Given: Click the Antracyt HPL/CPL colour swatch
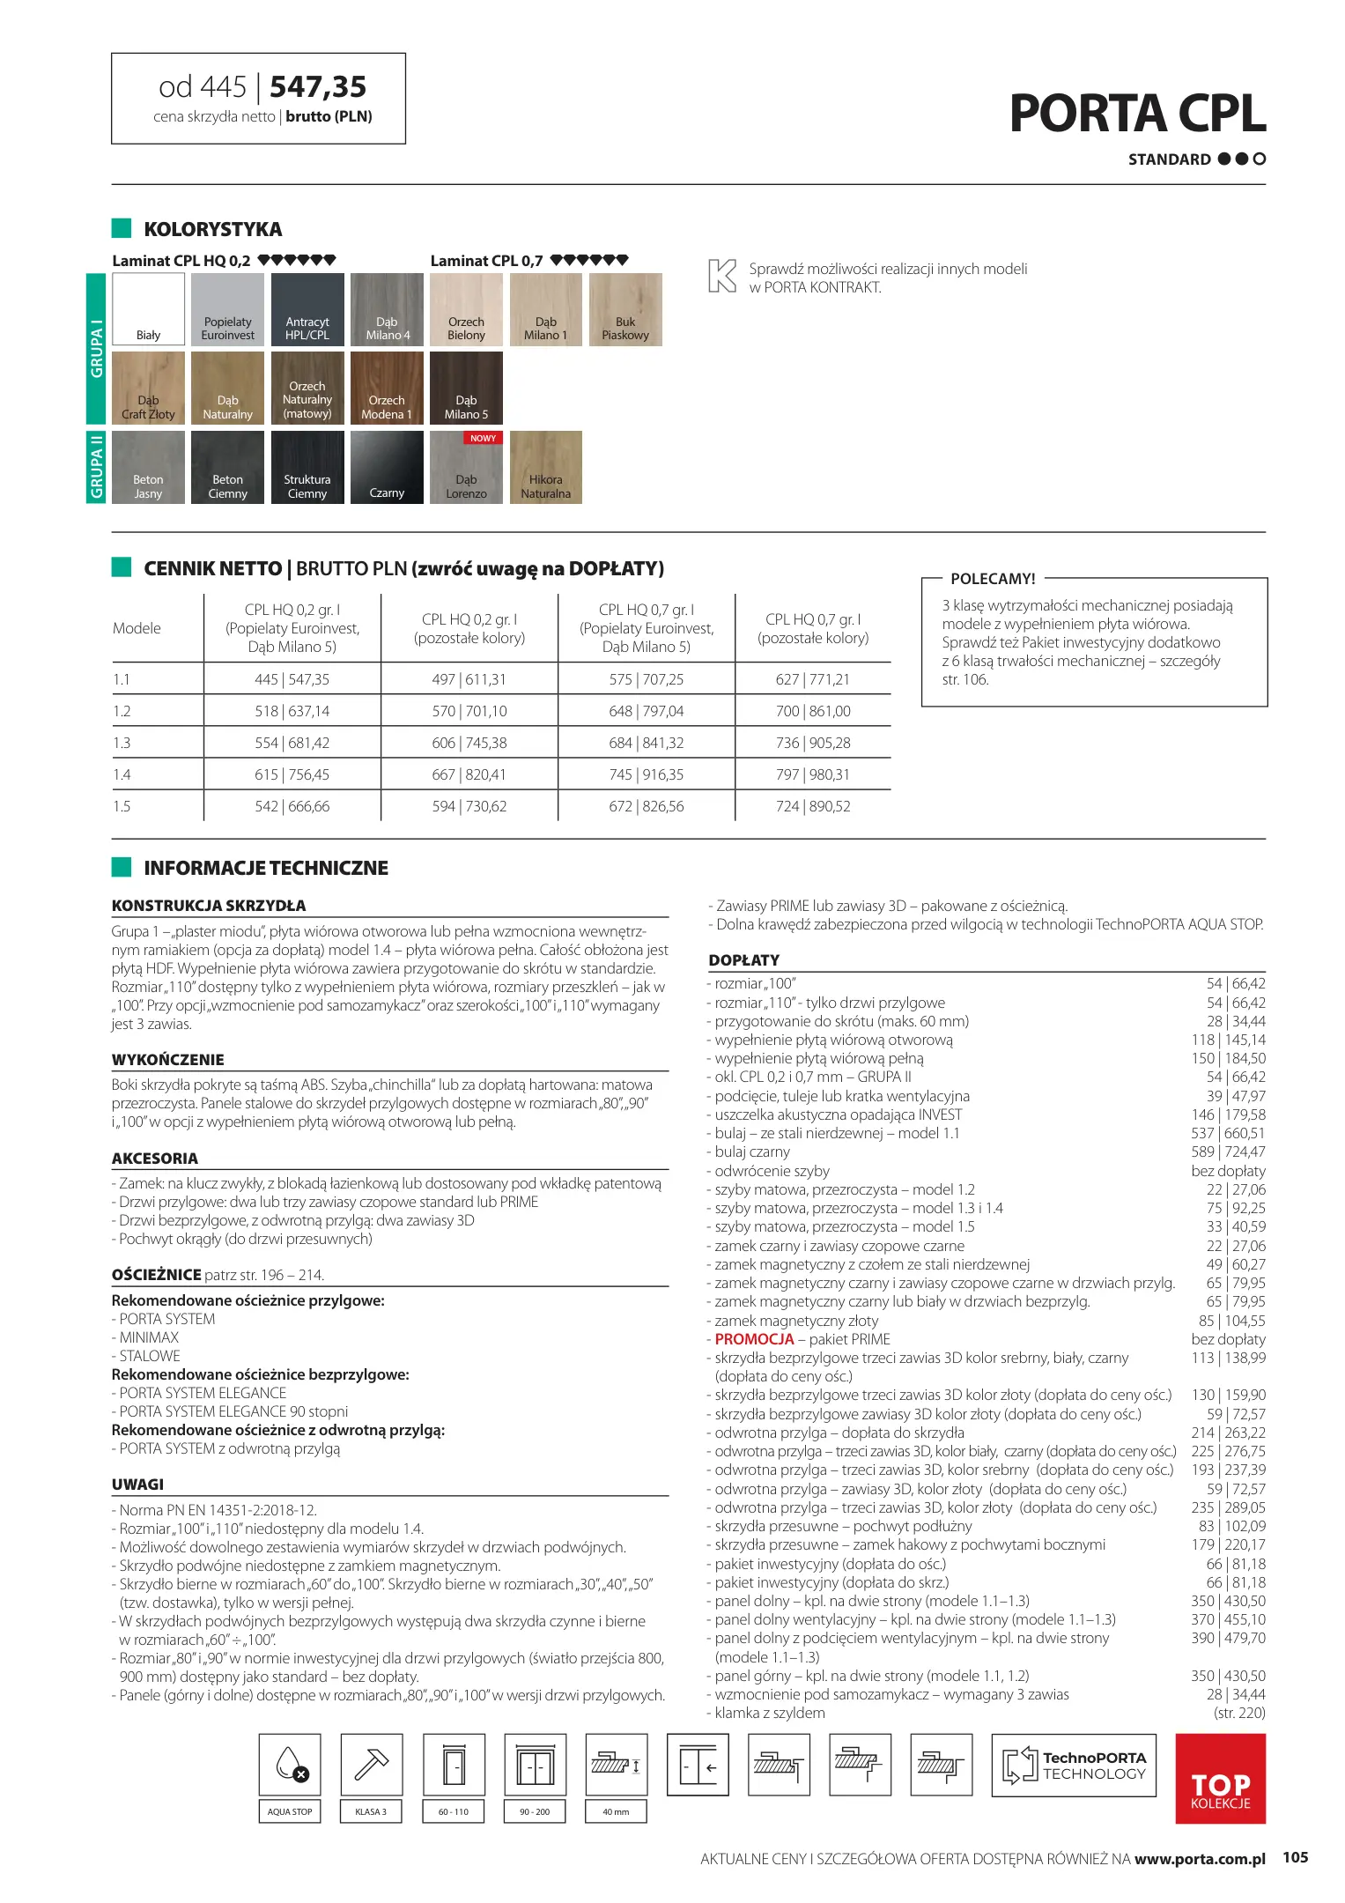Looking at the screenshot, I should [x=307, y=309].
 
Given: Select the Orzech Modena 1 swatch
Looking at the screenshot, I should [x=386, y=388].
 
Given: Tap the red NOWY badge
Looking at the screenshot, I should [x=483, y=438].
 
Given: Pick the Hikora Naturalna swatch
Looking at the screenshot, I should [x=545, y=467].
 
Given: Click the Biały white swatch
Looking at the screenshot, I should [x=148, y=309].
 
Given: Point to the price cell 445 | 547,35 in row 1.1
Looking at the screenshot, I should [x=292, y=679].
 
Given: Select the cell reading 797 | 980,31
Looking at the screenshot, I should [x=812, y=774].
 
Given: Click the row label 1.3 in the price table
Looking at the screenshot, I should [x=122, y=743].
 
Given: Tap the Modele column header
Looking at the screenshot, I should [x=137, y=628].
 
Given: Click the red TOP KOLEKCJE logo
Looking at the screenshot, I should [x=1220, y=1778].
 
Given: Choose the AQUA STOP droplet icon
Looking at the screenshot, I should [x=290, y=1765].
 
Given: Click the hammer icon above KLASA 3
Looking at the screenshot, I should [x=371, y=1765].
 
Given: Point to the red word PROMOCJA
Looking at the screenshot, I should [x=754, y=1339].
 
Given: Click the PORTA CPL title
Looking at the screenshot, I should [x=1137, y=114].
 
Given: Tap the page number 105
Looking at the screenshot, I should [x=1295, y=1857].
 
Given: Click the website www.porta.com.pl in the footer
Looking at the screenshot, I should [x=1200, y=1859].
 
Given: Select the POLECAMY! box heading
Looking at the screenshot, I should [x=993, y=579].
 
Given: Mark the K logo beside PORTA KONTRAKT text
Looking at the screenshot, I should [x=721, y=276].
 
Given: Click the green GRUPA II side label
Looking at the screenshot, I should [x=97, y=467].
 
